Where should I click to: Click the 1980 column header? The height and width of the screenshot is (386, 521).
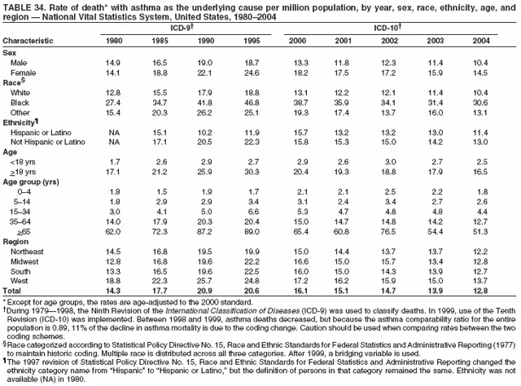(115, 39)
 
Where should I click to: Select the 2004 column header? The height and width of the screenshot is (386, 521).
(481, 39)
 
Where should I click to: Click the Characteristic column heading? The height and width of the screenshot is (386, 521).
(32, 39)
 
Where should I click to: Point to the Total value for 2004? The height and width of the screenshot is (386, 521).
(480, 290)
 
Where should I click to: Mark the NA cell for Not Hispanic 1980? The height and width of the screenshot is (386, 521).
(115, 142)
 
